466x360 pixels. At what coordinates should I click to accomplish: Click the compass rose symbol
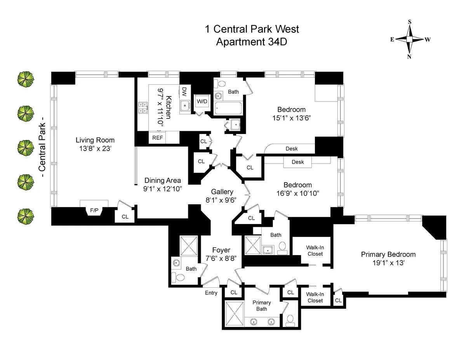[409, 39]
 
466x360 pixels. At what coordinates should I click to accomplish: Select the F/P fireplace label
[94, 210]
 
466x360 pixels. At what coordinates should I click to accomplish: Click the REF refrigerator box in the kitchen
[158, 137]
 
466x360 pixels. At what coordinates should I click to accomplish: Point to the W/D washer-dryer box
[202, 101]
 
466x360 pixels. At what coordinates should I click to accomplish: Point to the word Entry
[211, 293]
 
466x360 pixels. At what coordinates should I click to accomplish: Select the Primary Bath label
[261, 306]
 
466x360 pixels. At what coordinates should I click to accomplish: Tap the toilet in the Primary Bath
[290, 319]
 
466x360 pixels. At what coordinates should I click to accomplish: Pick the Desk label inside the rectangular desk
[297, 162]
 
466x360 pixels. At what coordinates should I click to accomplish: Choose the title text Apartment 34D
[252, 42]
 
